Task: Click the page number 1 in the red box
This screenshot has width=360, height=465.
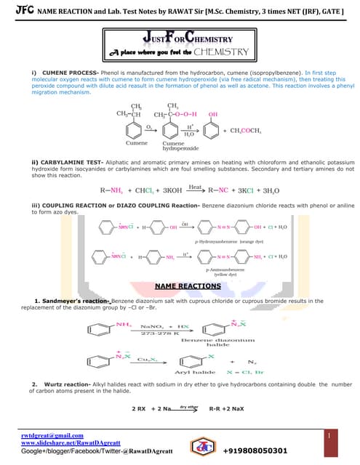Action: point(329,435)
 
